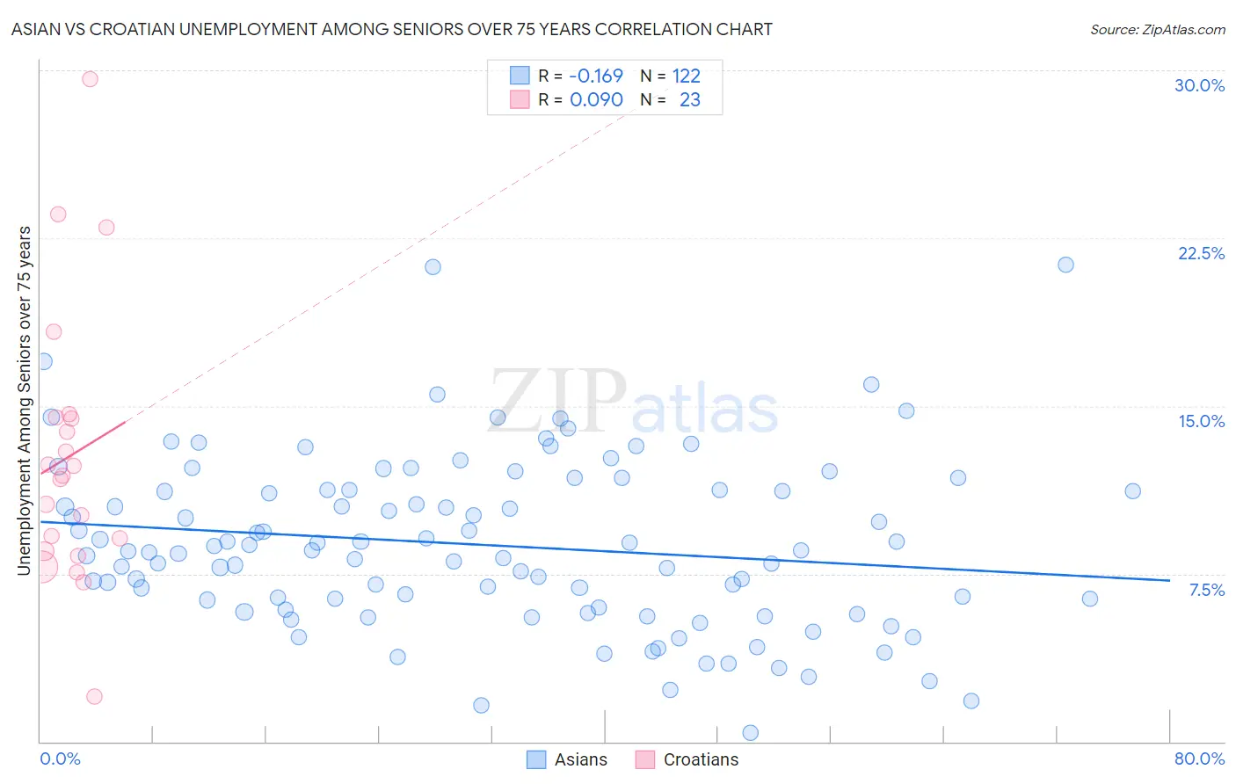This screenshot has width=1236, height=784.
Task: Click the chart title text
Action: tap(391, 29)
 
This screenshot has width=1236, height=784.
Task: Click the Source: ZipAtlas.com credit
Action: tap(1157, 30)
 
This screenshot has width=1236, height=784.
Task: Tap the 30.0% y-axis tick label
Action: tap(1199, 85)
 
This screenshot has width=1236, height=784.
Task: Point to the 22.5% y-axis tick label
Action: tap(1201, 253)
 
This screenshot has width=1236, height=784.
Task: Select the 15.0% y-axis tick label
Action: tap(1201, 421)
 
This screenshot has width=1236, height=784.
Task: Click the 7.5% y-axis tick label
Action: tap(1206, 590)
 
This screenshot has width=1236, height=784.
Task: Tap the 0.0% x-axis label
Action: tap(60, 759)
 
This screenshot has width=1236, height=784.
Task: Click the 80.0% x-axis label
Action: tap(1199, 759)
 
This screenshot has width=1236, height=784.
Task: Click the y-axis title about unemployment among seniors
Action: tap(24, 401)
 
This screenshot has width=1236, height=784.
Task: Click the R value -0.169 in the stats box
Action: tap(596, 76)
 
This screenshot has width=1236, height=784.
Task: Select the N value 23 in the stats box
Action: tap(690, 100)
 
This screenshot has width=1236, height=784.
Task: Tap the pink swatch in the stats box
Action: tap(520, 99)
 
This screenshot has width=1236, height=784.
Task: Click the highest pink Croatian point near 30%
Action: tap(90, 79)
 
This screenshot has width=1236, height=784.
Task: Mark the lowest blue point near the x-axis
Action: tap(751, 732)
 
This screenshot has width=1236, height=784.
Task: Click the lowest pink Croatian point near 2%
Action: tap(94, 696)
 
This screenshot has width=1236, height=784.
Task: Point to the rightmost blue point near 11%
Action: tap(1132, 491)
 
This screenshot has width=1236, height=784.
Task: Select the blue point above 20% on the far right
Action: tap(1065, 265)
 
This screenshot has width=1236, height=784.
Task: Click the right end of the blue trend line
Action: tap(1169, 580)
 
